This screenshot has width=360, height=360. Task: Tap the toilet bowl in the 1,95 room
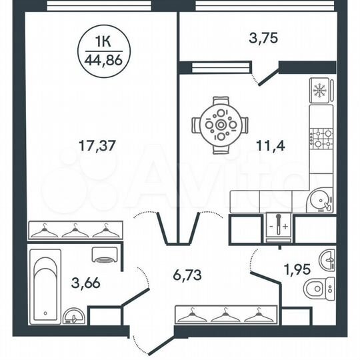click(316, 287)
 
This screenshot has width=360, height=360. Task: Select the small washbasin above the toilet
click(326, 258)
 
